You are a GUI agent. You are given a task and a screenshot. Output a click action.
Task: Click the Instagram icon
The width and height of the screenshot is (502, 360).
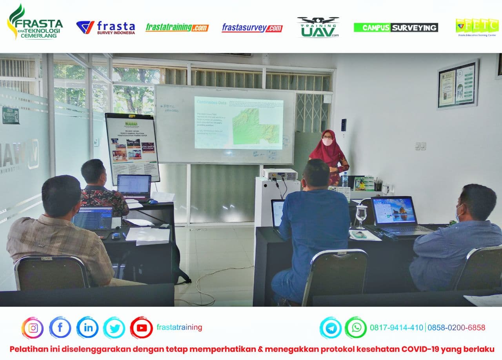click(x=33, y=328)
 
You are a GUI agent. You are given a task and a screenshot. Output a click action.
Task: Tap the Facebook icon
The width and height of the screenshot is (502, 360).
click(x=60, y=328)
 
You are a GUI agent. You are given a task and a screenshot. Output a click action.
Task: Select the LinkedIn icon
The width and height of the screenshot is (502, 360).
click(x=87, y=328)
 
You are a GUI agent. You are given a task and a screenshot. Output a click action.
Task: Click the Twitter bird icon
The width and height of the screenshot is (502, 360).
click(x=114, y=328)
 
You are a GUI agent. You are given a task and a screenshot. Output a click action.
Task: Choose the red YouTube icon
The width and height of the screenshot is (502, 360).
click(x=141, y=328)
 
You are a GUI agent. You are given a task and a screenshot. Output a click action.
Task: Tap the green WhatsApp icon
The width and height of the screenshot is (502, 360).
click(x=356, y=328)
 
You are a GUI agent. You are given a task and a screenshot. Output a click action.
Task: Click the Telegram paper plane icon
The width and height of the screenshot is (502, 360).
click(x=330, y=328)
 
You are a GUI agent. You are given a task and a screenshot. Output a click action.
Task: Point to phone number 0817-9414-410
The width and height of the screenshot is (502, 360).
click(x=397, y=328)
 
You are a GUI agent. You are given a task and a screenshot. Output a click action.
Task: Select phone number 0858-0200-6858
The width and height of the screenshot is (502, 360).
click(x=456, y=328)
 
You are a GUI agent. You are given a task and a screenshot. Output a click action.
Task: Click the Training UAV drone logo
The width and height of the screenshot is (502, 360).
click(x=318, y=27)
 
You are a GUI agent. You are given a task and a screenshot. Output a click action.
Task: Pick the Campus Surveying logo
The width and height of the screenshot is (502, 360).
click(x=396, y=27)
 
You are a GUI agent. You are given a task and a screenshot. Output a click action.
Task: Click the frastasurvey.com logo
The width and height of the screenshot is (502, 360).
click(x=252, y=28)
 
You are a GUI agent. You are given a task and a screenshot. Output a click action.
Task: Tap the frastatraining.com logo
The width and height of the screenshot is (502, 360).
click(x=177, y=27)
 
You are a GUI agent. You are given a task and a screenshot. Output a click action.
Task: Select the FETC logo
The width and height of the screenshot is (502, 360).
click(x=477, y=27)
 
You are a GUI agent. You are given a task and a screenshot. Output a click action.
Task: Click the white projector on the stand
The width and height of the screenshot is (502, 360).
click(x=280, y=174)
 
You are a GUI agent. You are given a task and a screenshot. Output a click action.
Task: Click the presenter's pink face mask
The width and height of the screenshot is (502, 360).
click(x=327, y=142)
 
